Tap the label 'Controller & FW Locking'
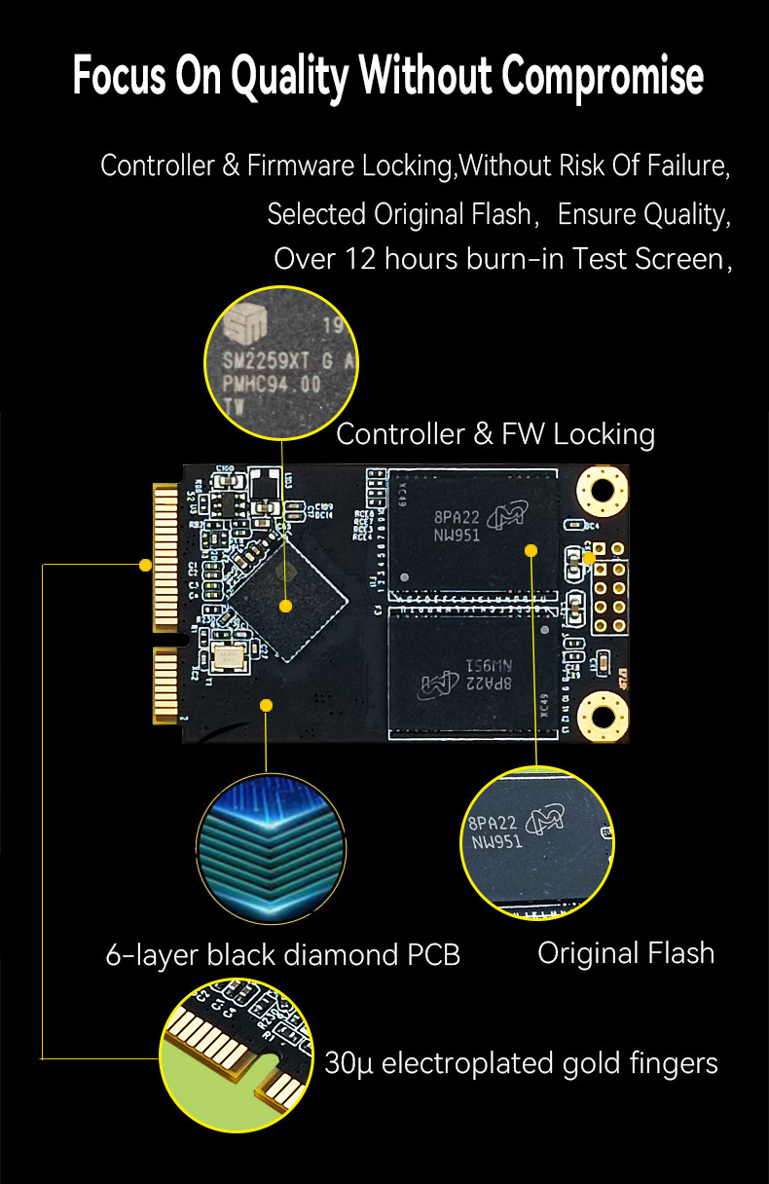[x=494, y=433]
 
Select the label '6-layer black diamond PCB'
[x=282, y=954]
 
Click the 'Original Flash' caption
[x=626, y=952]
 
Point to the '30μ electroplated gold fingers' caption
[x=521, y=1062]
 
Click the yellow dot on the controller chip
[x=285, y=606]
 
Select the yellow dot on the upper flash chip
[x=531, y=550]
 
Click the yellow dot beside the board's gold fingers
[x=145, y=565]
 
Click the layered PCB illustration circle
[x=271, y=848]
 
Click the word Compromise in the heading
[x=604, y=77]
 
